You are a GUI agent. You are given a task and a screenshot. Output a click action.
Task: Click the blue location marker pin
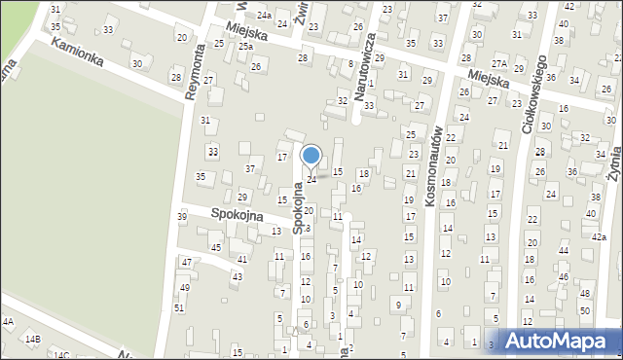tap(311, 157)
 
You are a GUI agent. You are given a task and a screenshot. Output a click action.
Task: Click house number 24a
tap(265, 16)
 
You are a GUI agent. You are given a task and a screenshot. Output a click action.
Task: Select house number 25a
tap(247, 46)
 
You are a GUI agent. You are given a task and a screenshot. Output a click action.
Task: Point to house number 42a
tap(599, 237)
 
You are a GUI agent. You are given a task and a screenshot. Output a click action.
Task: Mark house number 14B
tap(33, 339)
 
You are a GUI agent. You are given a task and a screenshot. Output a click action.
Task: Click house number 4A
tap(8, 321)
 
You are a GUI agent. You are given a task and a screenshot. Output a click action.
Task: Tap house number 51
tap(178, 307)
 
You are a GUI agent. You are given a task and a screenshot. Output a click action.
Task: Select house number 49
tap(185, 287)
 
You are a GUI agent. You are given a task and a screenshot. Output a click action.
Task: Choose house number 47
tap(186, 263)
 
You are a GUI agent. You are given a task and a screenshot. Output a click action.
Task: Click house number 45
tap(216, 247)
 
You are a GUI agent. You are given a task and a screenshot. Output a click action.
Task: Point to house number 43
tap(237, 276)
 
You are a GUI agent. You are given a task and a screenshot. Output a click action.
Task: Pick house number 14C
tap(61, 355)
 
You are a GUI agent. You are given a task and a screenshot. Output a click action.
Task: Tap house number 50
tap(585, 309)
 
